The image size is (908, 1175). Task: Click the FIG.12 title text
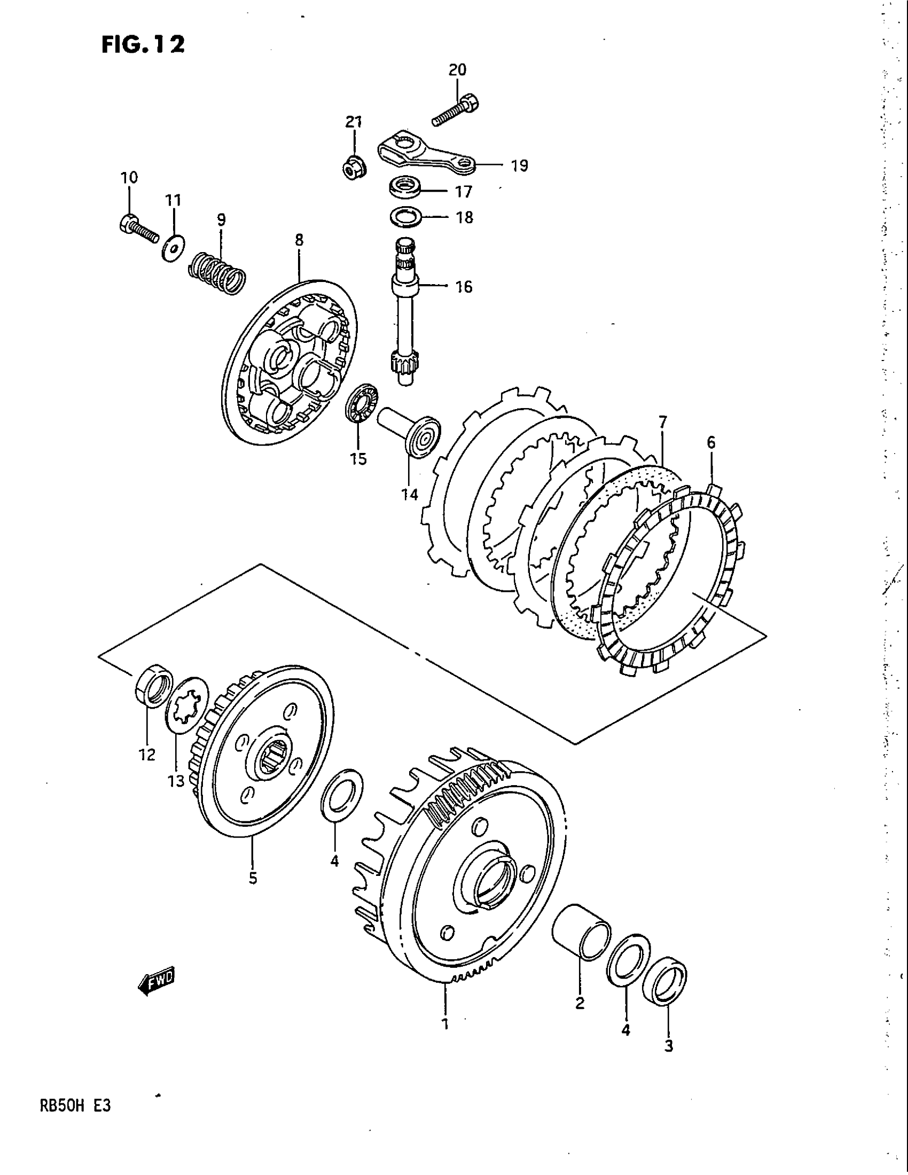(143, 44)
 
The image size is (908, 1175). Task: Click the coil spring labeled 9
(218, 273)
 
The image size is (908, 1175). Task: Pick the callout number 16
(464, 287)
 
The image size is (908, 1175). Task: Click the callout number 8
(299, 240)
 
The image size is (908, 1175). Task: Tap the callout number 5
(253, 879)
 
